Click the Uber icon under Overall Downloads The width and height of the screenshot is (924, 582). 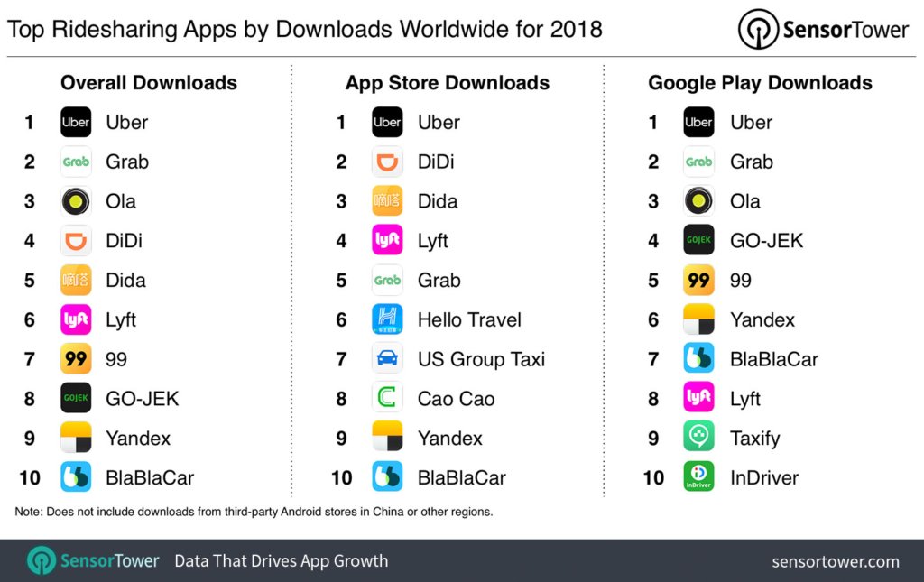coord(76,122)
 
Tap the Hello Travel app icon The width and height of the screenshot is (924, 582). coord(387,319)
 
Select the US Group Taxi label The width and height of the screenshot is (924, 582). coord(481,359)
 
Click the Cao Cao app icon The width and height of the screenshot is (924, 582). coord(387,398)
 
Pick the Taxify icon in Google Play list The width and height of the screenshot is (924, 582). coord(698,438)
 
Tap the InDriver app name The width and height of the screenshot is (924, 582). coord(764,477)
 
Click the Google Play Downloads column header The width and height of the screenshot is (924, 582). coord(760,83)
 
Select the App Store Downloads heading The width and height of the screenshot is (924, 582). coord(448,83)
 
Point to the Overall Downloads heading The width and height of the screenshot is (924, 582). coord(149,83)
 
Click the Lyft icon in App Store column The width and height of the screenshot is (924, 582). coord(387,240)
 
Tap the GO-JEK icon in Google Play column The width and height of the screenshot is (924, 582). coord(698,240)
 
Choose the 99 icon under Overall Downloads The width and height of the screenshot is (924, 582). coord(76,359)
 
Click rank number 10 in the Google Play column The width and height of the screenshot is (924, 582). coord(653,477)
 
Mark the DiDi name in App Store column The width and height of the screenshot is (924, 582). coord(436,162)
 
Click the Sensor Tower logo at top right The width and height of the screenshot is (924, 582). coord(823,29)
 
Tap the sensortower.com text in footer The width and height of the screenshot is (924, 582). coord(836,561)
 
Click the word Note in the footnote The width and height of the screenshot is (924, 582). coord(30,512)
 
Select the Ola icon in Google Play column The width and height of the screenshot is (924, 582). coord(698,201)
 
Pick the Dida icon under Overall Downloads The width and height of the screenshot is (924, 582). coord(76,280)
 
